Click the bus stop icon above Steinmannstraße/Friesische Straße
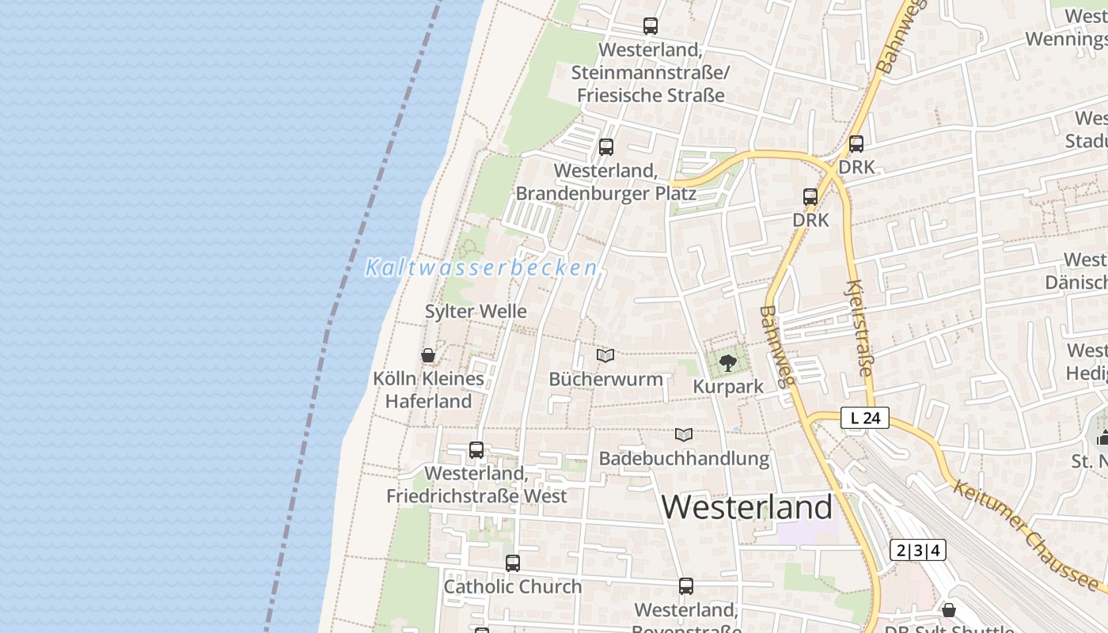coord(651,26)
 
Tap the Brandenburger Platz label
coord(605,183)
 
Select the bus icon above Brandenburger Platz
coord(606,147)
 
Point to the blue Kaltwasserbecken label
coord(481,268)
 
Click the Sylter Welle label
coord(476,312)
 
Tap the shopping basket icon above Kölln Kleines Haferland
coord(428,355)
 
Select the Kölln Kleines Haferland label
coord(428,390)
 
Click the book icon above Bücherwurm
coord(605,356)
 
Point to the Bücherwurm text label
coord(606,379)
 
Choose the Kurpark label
coord(728,387)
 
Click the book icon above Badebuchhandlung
coord(684,434)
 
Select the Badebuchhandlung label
coord(684,458)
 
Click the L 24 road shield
coord(865,418)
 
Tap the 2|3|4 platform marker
coord(918,550)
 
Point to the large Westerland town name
coord(747,506)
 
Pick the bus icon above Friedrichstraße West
coord(476,450)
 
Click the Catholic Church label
coord(513,587)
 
